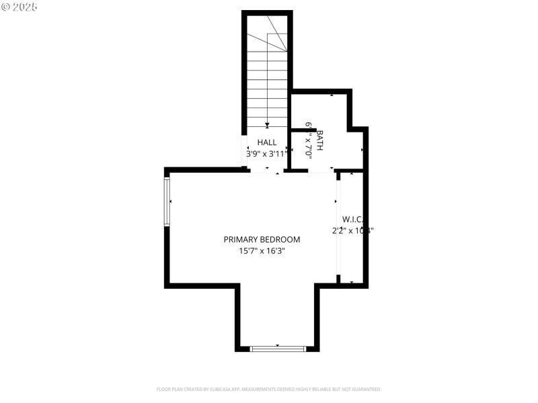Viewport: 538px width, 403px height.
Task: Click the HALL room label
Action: (267, 142)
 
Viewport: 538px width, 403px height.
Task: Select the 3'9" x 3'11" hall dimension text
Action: (267, 153)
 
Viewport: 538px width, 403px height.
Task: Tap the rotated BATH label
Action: (320, 140)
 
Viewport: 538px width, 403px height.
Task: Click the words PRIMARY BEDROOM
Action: (262, 239)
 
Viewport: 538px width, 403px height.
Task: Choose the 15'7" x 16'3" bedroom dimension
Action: (262, 251)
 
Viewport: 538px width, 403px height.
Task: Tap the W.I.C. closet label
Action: (352, 219)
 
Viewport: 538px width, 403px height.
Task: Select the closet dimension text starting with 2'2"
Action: (352, 230)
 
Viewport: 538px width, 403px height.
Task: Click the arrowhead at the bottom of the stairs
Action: (267, 125)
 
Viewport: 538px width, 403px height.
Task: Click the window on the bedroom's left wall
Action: (167, 201)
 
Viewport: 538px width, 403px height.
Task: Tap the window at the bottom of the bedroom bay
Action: (278, 349)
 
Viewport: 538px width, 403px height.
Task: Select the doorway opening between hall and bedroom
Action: (267, 171)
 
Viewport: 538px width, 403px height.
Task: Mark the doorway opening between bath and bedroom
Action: (321, 171)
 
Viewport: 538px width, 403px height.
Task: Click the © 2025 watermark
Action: (20, 7)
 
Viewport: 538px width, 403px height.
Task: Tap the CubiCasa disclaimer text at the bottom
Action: (268, 389)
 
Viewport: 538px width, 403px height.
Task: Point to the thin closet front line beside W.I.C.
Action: (339, 228)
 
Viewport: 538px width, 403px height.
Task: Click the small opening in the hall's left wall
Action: (244, 151)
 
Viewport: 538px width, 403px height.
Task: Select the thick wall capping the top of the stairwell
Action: (267, 13)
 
